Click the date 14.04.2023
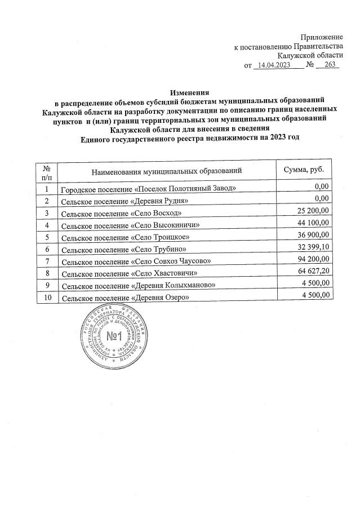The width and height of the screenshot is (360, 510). [274, 65]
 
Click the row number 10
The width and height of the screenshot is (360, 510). [46, 297]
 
